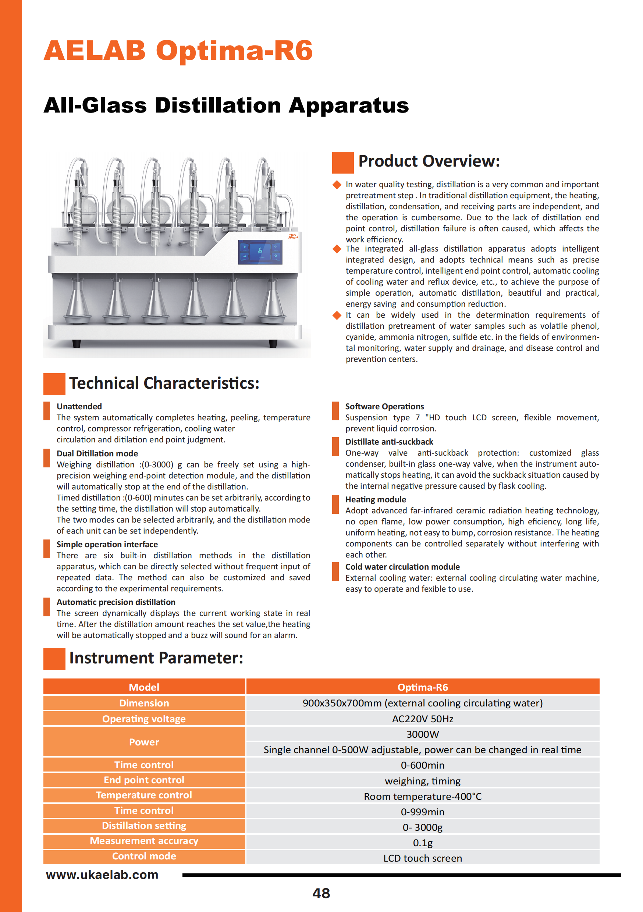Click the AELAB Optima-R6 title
click(x=178, y=51)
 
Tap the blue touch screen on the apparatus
click(x=260, y=252)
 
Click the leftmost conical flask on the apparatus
click(x=78, y=302)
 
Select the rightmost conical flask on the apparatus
click(x=273, y=302)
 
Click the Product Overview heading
click(x=429, y=161)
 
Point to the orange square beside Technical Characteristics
click(x=54, y=384)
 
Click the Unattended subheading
click(x=79, y=406)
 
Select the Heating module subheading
click(x=376, y=499)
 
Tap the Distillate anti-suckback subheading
click(x=389, y=442)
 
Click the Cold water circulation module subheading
click(x=402, y=567)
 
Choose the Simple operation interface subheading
click(x=107, y=544)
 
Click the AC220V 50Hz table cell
click(x=422, y=719)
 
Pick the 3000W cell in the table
click(x=422, y=734)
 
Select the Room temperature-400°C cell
click(x=422, y=797)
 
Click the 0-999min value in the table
click(x=422, y=812)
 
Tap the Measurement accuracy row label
click(x=144, y=841)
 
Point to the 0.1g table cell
click(x=422, y=842)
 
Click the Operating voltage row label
click(x=144, y=719)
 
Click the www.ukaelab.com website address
click(x=102, y=874)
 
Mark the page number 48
click(x=321, y=893)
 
